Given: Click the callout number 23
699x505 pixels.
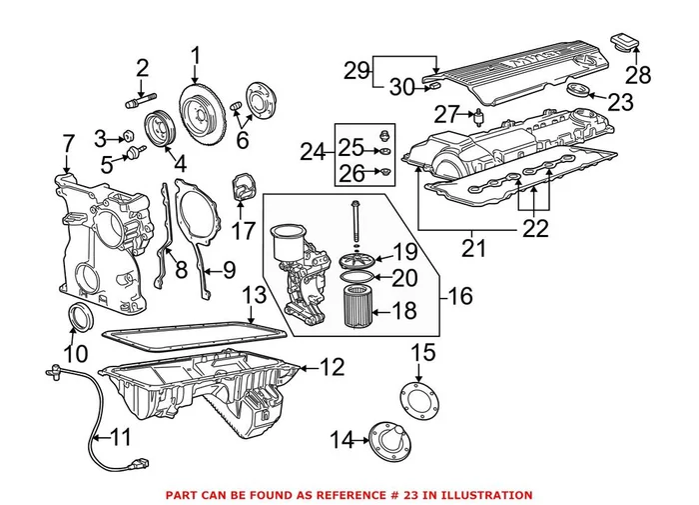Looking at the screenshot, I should (x=620, y=101).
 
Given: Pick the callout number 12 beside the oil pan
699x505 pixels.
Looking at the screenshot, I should (x=332, y=367).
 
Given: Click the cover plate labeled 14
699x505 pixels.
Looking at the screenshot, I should (x=383, y=443).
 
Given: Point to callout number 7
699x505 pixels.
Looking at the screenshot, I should (x=67, y=143).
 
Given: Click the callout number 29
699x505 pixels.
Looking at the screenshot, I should (x=356, y=70).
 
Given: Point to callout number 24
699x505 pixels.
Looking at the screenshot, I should (x=313, y=152).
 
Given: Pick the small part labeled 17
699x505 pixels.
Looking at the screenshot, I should (x=242, y=188).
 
